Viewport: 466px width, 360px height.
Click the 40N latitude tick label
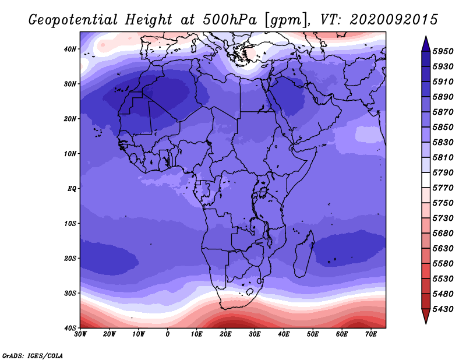click(70, 49)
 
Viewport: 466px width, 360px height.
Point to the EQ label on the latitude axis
click(72, 189)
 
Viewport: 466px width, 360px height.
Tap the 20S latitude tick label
click(70, 258)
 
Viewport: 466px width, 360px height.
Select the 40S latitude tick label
click(70, 328)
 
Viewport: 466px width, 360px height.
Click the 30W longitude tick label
click(80, 334)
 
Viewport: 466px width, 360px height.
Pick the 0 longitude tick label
click(168, 334)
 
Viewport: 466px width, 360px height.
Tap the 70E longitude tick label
click(371, 334)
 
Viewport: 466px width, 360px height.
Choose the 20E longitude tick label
click(225, 334)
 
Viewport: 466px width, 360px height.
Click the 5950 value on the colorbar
click(443, 51)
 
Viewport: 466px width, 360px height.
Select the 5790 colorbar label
click(443, 172)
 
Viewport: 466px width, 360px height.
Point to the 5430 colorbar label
click(443, 309)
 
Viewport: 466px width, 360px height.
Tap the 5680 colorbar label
click(443, 234)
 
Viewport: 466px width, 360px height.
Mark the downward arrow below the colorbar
click(426, 316)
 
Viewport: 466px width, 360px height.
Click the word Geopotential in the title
click(73, 20)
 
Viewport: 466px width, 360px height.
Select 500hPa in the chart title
click(230, 20)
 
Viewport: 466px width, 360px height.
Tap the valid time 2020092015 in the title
click(394, 20)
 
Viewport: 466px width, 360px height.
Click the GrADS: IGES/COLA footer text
click(33, 355)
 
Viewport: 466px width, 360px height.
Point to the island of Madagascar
click(304, 253)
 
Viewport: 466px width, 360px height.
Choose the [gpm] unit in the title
click(285, 20)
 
